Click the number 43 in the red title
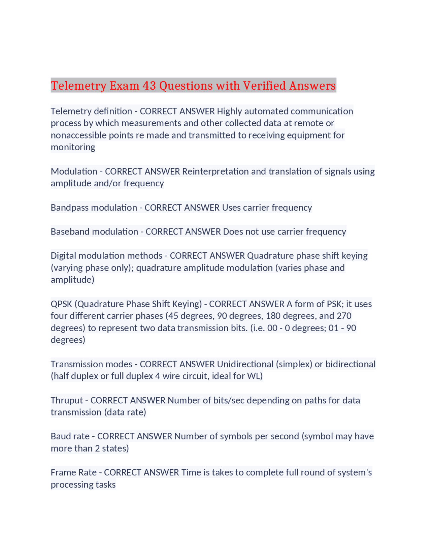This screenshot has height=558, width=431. (x=149, y=86)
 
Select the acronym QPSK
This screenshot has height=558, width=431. (x=61, y=304)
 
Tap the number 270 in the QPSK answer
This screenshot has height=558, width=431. (x=344, y=316)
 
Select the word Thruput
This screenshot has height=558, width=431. (x=67, y=400)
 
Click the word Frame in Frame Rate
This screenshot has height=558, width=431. (x=62, y=472)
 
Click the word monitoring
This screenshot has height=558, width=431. (x=73, y=147)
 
